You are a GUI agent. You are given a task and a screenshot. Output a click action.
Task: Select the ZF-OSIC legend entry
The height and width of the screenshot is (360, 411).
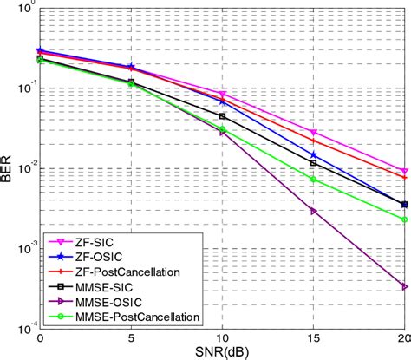(x=99, y=258)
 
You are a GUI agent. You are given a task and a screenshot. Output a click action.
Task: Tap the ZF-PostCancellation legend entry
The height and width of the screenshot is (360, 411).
(x=126, y=272)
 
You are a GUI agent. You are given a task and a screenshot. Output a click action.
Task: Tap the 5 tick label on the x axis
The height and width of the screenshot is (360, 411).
(x=131, y=339)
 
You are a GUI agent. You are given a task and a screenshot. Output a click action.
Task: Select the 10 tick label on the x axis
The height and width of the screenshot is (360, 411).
(x=222, y=339)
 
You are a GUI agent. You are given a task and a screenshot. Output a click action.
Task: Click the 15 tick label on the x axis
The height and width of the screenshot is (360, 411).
(x=314, y=339)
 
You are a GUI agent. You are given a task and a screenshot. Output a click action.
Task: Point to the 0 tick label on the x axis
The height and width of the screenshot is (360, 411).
(x=40, y=339)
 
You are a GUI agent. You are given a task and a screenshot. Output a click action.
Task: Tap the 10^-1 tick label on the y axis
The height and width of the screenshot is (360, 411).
(x=23, y=89)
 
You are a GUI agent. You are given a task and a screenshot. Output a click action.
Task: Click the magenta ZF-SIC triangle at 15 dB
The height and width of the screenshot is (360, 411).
(x=314, y=133)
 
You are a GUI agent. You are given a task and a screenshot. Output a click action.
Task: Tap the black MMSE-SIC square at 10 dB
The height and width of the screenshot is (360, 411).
(x=222, y=116)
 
